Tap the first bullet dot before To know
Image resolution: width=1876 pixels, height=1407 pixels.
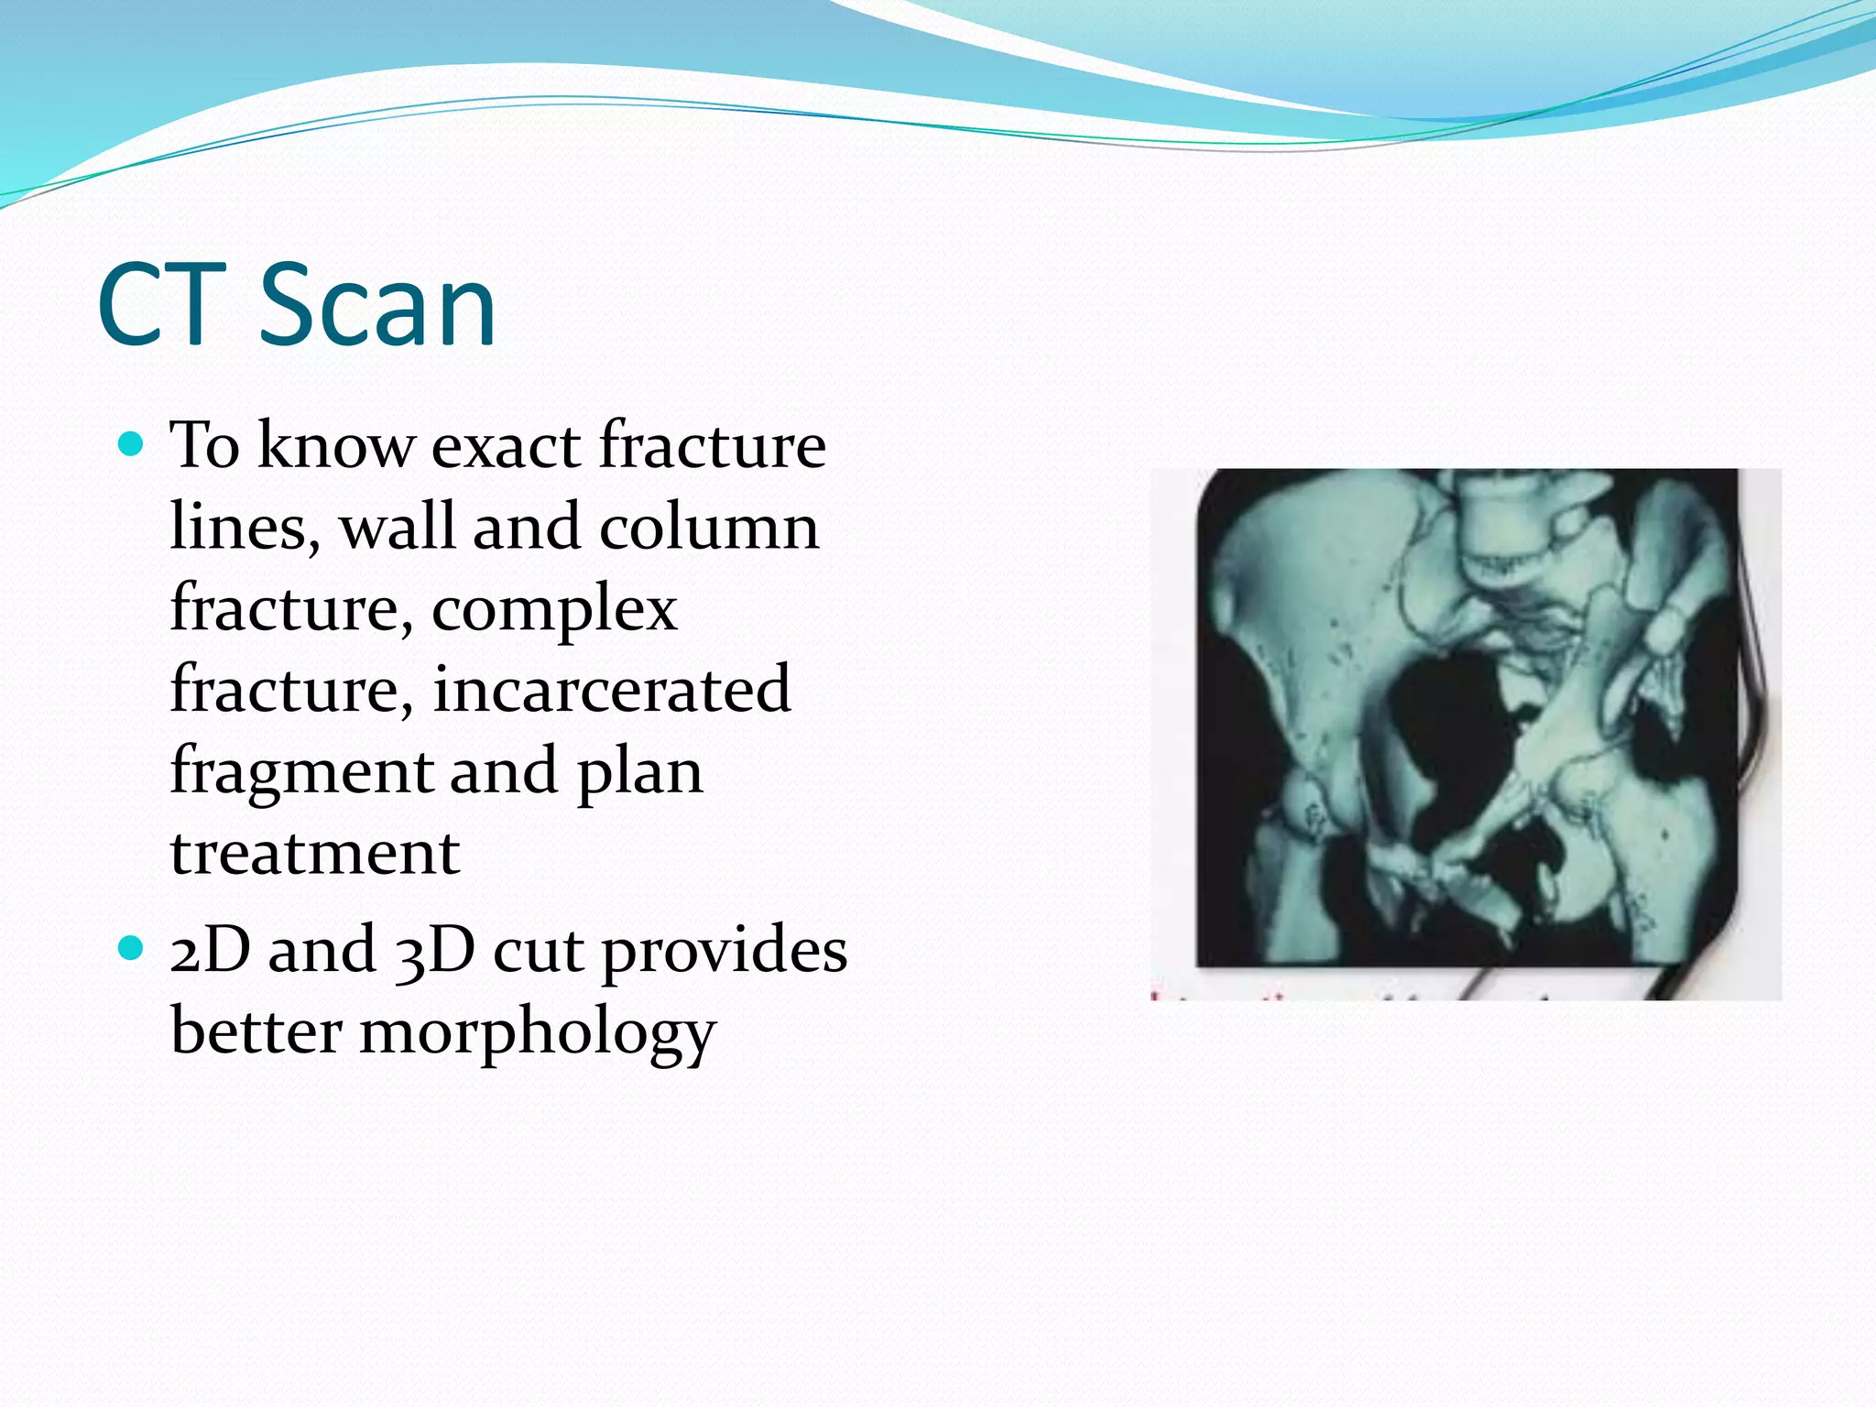pyautogui.click(x=132, y=445)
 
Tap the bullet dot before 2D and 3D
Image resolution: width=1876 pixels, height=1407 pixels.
pyautogui.click(x=132, y=947)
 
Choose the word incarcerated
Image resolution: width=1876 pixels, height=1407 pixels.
pyautogui.click(x=611, y=690)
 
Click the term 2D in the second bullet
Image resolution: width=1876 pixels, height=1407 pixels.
pyautogui.click(x=210, y=950)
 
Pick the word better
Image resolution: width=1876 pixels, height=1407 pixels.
pyautogui.click(x=256, y=1031)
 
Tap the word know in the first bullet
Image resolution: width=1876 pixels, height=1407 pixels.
pyautogui.click(x=336, y=446)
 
